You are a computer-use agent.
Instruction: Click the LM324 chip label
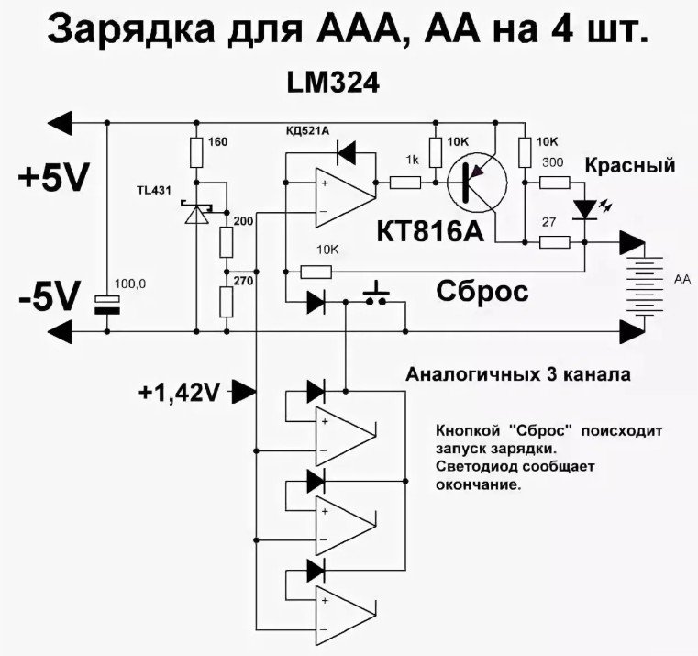click(331, 83)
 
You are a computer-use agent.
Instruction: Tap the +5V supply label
click(51, 178)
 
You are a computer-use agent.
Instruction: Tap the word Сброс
click(482, 292)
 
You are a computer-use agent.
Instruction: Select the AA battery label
click(681, 278)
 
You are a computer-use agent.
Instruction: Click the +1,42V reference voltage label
click(179, 393)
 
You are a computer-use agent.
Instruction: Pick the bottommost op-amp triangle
click(346, 611)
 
